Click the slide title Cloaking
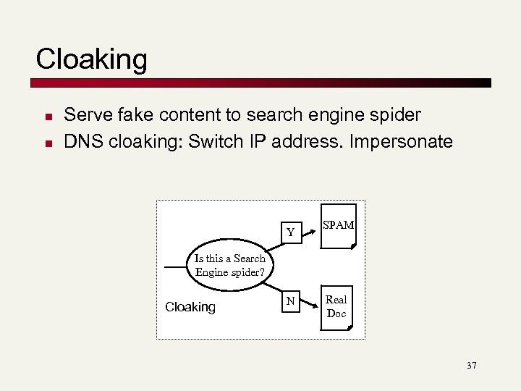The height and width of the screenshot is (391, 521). tap(91, 59)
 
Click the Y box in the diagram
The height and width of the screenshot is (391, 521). tap(290, 232)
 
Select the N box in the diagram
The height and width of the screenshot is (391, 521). tap(290, 300)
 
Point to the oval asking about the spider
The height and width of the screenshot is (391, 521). tap(230, 266)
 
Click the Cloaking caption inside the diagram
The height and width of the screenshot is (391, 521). tap(190, 307)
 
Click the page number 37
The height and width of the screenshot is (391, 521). tap(472, 366)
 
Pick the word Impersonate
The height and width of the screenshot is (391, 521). tap(401, 141)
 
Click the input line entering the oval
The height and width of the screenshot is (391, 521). tap(177, 266)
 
